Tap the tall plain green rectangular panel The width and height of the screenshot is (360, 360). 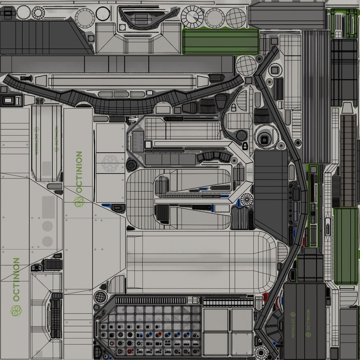[346, 246]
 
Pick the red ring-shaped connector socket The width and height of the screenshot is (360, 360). [112, 343]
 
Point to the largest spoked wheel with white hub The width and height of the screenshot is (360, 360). [192, 17]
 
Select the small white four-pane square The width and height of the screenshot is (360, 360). [338, 34]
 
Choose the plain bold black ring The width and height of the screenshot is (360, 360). [103, 13]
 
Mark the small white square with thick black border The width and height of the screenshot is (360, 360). [148, 144]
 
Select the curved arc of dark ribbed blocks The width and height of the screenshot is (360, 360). [214, 156]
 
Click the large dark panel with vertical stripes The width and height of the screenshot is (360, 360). [316, 97]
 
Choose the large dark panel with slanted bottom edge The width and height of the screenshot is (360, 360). [271, 193]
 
